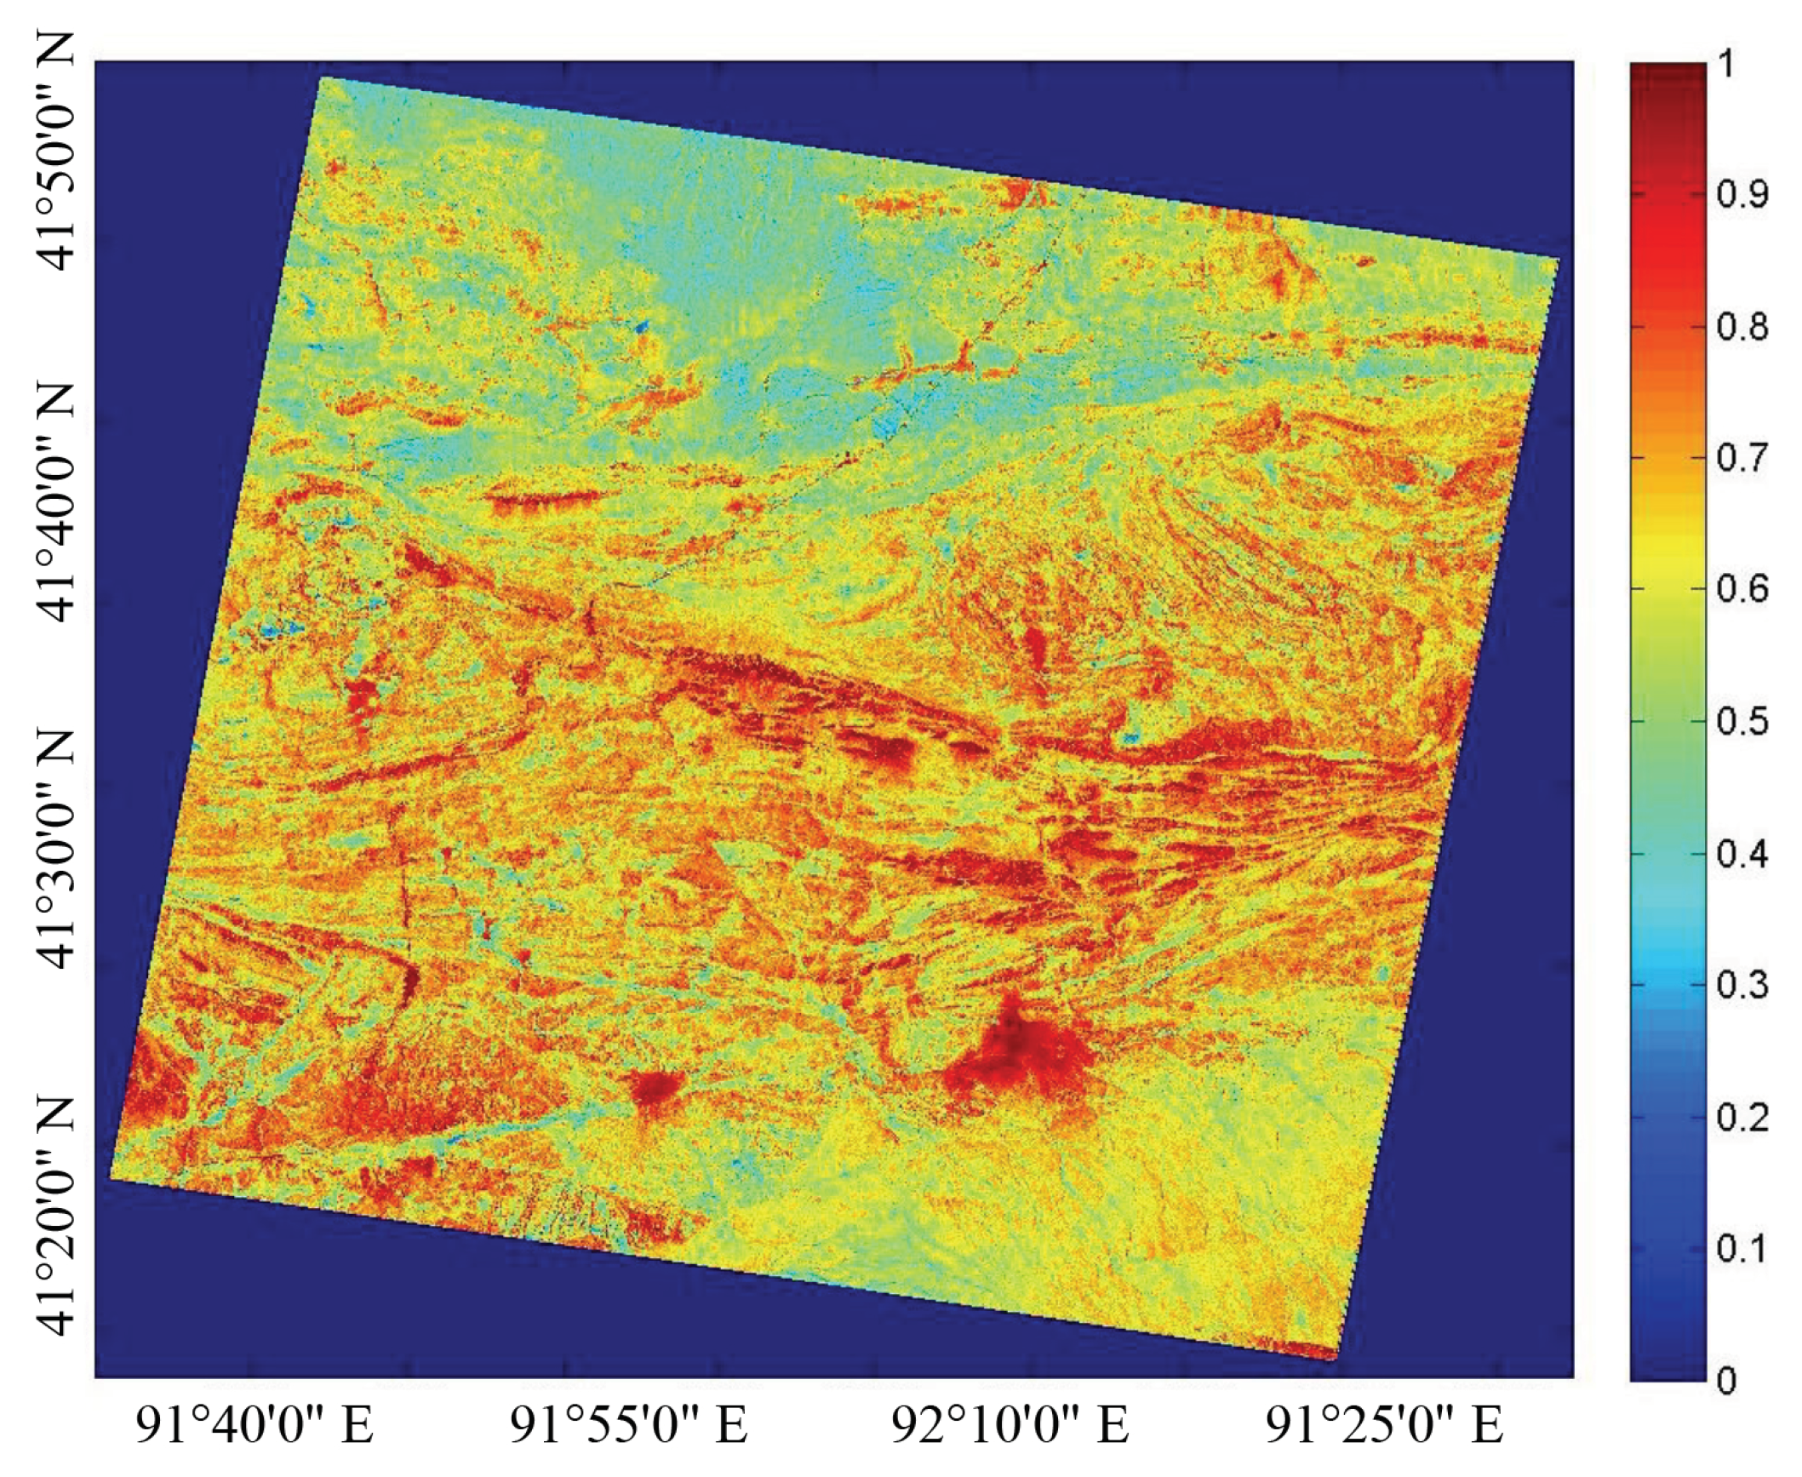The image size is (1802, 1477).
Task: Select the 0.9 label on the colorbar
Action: pyautogui.click(x=1742, y=195)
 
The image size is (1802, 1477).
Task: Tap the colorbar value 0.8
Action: pyautogui.click(x=1742, y=327)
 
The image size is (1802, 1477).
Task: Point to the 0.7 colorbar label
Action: pyautogui.click(x=1742, y=458)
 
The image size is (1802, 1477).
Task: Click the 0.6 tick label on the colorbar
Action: pyautogui.click(x=1742, y=589)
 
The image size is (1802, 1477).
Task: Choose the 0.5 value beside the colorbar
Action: pyautogui.click(x=1742, y=721)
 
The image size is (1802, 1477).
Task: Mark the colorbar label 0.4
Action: pyautogui.click(x=1742, y=853)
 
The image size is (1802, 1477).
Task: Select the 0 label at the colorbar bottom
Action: pyautogui.click(x=1726, y=1380)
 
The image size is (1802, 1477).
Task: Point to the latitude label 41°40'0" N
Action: pyautogui.click(x=56, y=503)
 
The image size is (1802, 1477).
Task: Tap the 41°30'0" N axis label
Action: pyautogui.click(x=56, y=851)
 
